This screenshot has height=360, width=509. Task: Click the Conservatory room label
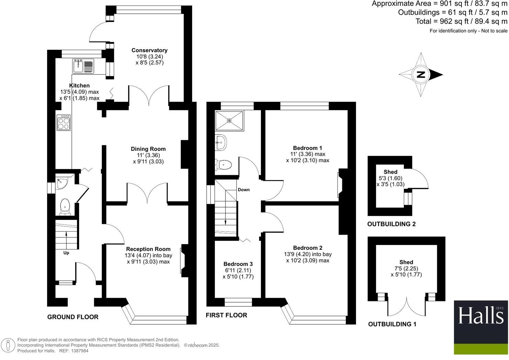tap(149, 50)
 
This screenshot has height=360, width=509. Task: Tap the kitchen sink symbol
tap(83, 66)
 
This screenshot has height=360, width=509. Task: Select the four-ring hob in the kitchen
tap(64, 123)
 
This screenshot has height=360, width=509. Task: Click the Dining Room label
tap(148, 149)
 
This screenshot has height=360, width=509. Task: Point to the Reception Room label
tap(148, 249)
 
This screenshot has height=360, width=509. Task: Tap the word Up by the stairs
tap(66, 253)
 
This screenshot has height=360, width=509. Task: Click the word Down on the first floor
tap(244, 190)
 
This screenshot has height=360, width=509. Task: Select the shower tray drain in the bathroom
tap(229, 121)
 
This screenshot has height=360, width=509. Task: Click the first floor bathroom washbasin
tap(221, 142)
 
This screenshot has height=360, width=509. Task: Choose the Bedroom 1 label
tap(308, 148)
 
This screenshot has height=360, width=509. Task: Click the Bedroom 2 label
tap(308, 248)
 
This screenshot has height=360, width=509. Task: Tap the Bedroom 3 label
tap(238, 264)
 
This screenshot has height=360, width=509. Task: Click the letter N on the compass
tap(420, 75)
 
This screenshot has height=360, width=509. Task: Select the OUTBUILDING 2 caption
tap(391, 224)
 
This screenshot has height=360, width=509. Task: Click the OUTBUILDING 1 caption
tap(392, 324)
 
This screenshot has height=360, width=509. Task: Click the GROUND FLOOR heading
tap(73, 317)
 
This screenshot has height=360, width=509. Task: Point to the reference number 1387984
tap(79, 351)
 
